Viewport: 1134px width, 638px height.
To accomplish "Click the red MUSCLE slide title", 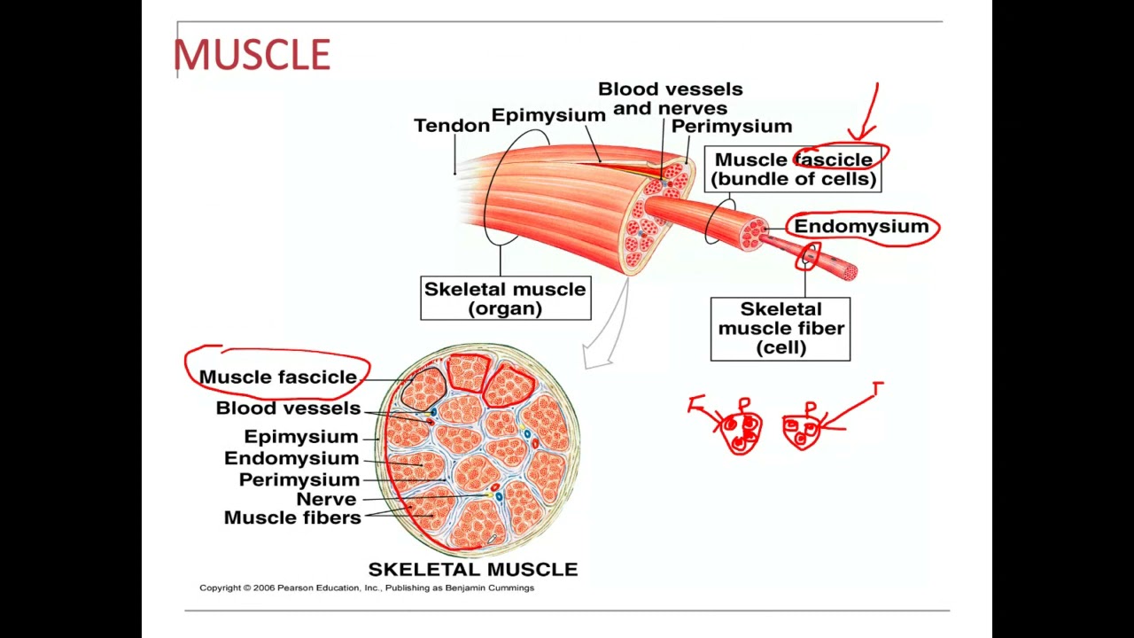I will (x=252, y=55).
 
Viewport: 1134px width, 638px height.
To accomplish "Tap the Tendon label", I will (x=451, y=126).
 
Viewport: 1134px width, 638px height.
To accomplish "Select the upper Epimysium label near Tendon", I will (x=548, y=115).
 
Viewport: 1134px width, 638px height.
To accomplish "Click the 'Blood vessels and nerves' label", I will (x=670, y=98).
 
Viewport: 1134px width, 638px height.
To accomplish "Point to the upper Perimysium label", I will (x=731, y=127).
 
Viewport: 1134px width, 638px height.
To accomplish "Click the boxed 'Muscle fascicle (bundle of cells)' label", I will (x=794, y=169).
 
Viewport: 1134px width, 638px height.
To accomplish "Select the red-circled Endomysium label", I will (x=861, y=227).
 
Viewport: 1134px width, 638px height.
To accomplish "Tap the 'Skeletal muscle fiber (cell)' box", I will (x=780, y=329).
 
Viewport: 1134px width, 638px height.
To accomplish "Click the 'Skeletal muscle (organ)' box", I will (x=505, y=299).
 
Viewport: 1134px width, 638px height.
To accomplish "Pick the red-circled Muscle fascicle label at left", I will (x=277, y=377).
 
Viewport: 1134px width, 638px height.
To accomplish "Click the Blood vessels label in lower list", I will (x=288, y=408).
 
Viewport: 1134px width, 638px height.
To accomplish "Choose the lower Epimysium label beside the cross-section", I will (x=300, y=437).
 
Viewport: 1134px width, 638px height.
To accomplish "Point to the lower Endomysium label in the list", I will (x=291, y=458).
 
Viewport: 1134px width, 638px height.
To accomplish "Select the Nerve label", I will (x=326, y=499).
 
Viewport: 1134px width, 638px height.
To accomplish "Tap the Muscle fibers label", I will (x=292, y=517).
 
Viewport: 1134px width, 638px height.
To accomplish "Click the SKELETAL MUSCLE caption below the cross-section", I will (x=472, y=570).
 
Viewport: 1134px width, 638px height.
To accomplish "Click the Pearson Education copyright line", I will (x=366, y=587).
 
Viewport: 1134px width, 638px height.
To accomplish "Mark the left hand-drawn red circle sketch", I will (x=742, y=431).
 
